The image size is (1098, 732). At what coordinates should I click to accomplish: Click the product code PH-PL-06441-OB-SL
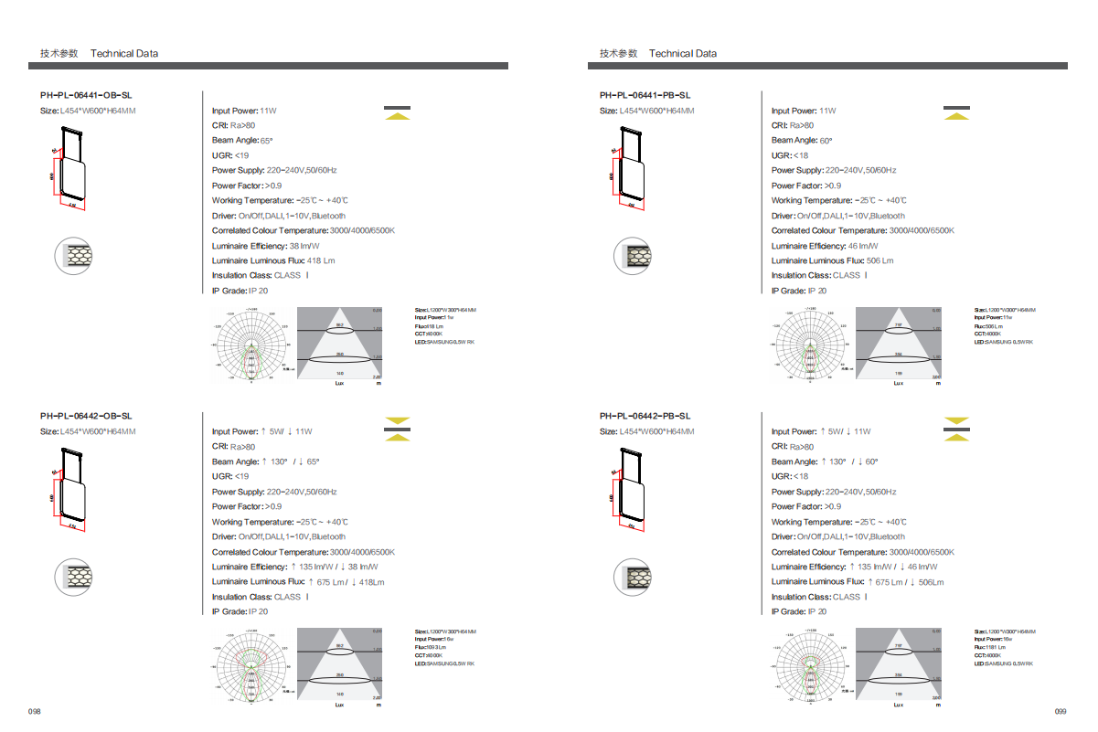coord(86,95)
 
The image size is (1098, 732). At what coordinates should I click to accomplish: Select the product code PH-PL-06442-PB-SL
coord(645,416)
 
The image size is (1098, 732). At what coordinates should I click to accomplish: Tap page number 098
coord(35,711)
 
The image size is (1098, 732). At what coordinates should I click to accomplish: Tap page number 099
coord(1061,711)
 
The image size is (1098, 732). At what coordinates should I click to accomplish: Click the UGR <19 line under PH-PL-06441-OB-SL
coord(230,155)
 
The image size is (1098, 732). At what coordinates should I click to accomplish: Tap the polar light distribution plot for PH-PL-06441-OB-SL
coord(251,345)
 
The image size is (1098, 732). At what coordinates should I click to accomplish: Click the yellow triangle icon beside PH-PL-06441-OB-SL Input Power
coord(397,113)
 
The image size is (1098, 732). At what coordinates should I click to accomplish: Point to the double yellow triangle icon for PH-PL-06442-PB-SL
coord(956,429)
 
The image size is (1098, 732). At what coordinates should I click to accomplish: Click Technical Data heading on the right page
coord(683,53)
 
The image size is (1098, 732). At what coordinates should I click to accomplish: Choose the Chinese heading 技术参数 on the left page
coord(59,53)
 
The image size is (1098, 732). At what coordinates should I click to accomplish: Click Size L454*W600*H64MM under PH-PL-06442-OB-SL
coord(88,431)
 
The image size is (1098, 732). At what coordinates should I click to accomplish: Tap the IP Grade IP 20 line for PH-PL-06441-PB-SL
coord(799,291)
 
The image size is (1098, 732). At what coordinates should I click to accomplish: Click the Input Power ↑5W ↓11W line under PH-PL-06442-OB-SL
coord(262,431)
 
